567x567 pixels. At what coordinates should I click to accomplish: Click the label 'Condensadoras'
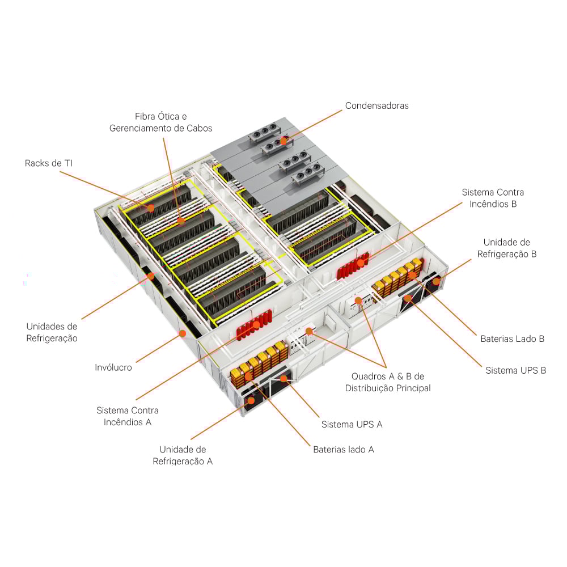[376, 105]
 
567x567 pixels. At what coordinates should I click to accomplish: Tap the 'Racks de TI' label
[49, 163]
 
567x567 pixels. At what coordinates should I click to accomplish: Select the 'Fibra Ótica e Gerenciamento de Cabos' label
[160, 122]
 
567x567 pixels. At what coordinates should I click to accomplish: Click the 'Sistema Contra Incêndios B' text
[493, 198]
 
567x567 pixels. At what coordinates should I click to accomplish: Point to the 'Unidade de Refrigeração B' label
[506, 248]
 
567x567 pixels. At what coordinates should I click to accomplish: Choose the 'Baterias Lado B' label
[512, 338]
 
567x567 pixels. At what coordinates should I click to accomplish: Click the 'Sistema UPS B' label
[515, 370]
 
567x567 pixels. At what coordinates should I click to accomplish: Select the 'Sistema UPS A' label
[352, 424]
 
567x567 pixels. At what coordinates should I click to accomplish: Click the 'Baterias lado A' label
[344, 449]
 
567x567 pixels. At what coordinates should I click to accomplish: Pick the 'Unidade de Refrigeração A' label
[183, 455]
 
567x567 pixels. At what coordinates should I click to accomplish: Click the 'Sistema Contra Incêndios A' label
[128, 416]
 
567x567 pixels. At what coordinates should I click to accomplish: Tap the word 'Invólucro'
[113, 367]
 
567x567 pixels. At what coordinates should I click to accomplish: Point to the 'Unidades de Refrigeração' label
[52, 332]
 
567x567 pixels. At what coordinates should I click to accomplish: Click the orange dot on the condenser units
[283, 140]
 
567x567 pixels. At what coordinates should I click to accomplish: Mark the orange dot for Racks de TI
[151, 208]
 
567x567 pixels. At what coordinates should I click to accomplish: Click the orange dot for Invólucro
[183, 333]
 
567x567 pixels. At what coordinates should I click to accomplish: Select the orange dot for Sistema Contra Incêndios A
[256, 325]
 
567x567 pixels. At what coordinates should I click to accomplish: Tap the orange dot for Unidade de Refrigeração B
[436, 281]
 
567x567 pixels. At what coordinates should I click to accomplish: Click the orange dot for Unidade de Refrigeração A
[251, 400]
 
